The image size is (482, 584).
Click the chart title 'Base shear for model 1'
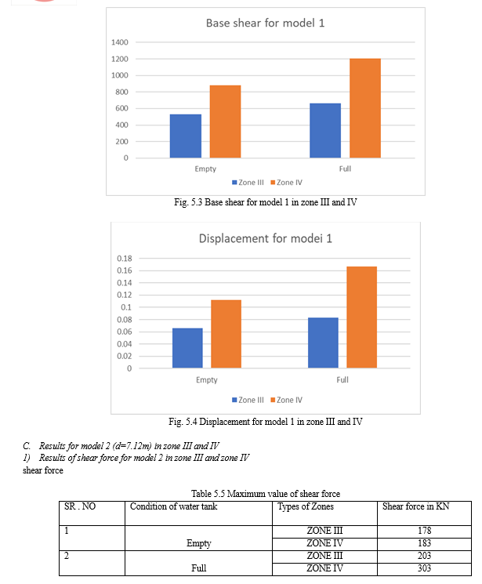tap(265, 23)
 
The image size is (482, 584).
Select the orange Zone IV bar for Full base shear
tap(365, 108)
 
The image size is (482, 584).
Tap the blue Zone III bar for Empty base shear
tap(186, 136)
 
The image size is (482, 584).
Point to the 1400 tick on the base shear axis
tap(120, 42)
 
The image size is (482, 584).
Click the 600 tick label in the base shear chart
tap(121, 108)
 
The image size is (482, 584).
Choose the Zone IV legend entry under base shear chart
tap(286, 183)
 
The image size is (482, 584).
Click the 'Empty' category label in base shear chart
tap(205, 169)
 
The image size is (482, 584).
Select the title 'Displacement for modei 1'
tap(265, 238)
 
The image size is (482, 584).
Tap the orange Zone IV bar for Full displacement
tap(361, 317)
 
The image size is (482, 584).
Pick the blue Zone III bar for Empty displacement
tap(187, 348)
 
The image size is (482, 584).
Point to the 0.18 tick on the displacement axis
tap(125, 259)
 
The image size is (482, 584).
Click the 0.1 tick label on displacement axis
tap(126, 307)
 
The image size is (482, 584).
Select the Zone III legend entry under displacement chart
tap(248, 400)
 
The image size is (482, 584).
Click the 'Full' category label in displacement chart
tap(342, 380)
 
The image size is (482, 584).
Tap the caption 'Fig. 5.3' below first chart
tap(188, 202)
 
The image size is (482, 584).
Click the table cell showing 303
tap(424, 568)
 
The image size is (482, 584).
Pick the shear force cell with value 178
tap(424, 531)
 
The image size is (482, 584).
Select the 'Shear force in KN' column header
tap(415, 506)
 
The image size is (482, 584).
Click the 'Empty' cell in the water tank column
tap(198, 543)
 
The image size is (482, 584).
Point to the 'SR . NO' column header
tap(80, 506)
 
